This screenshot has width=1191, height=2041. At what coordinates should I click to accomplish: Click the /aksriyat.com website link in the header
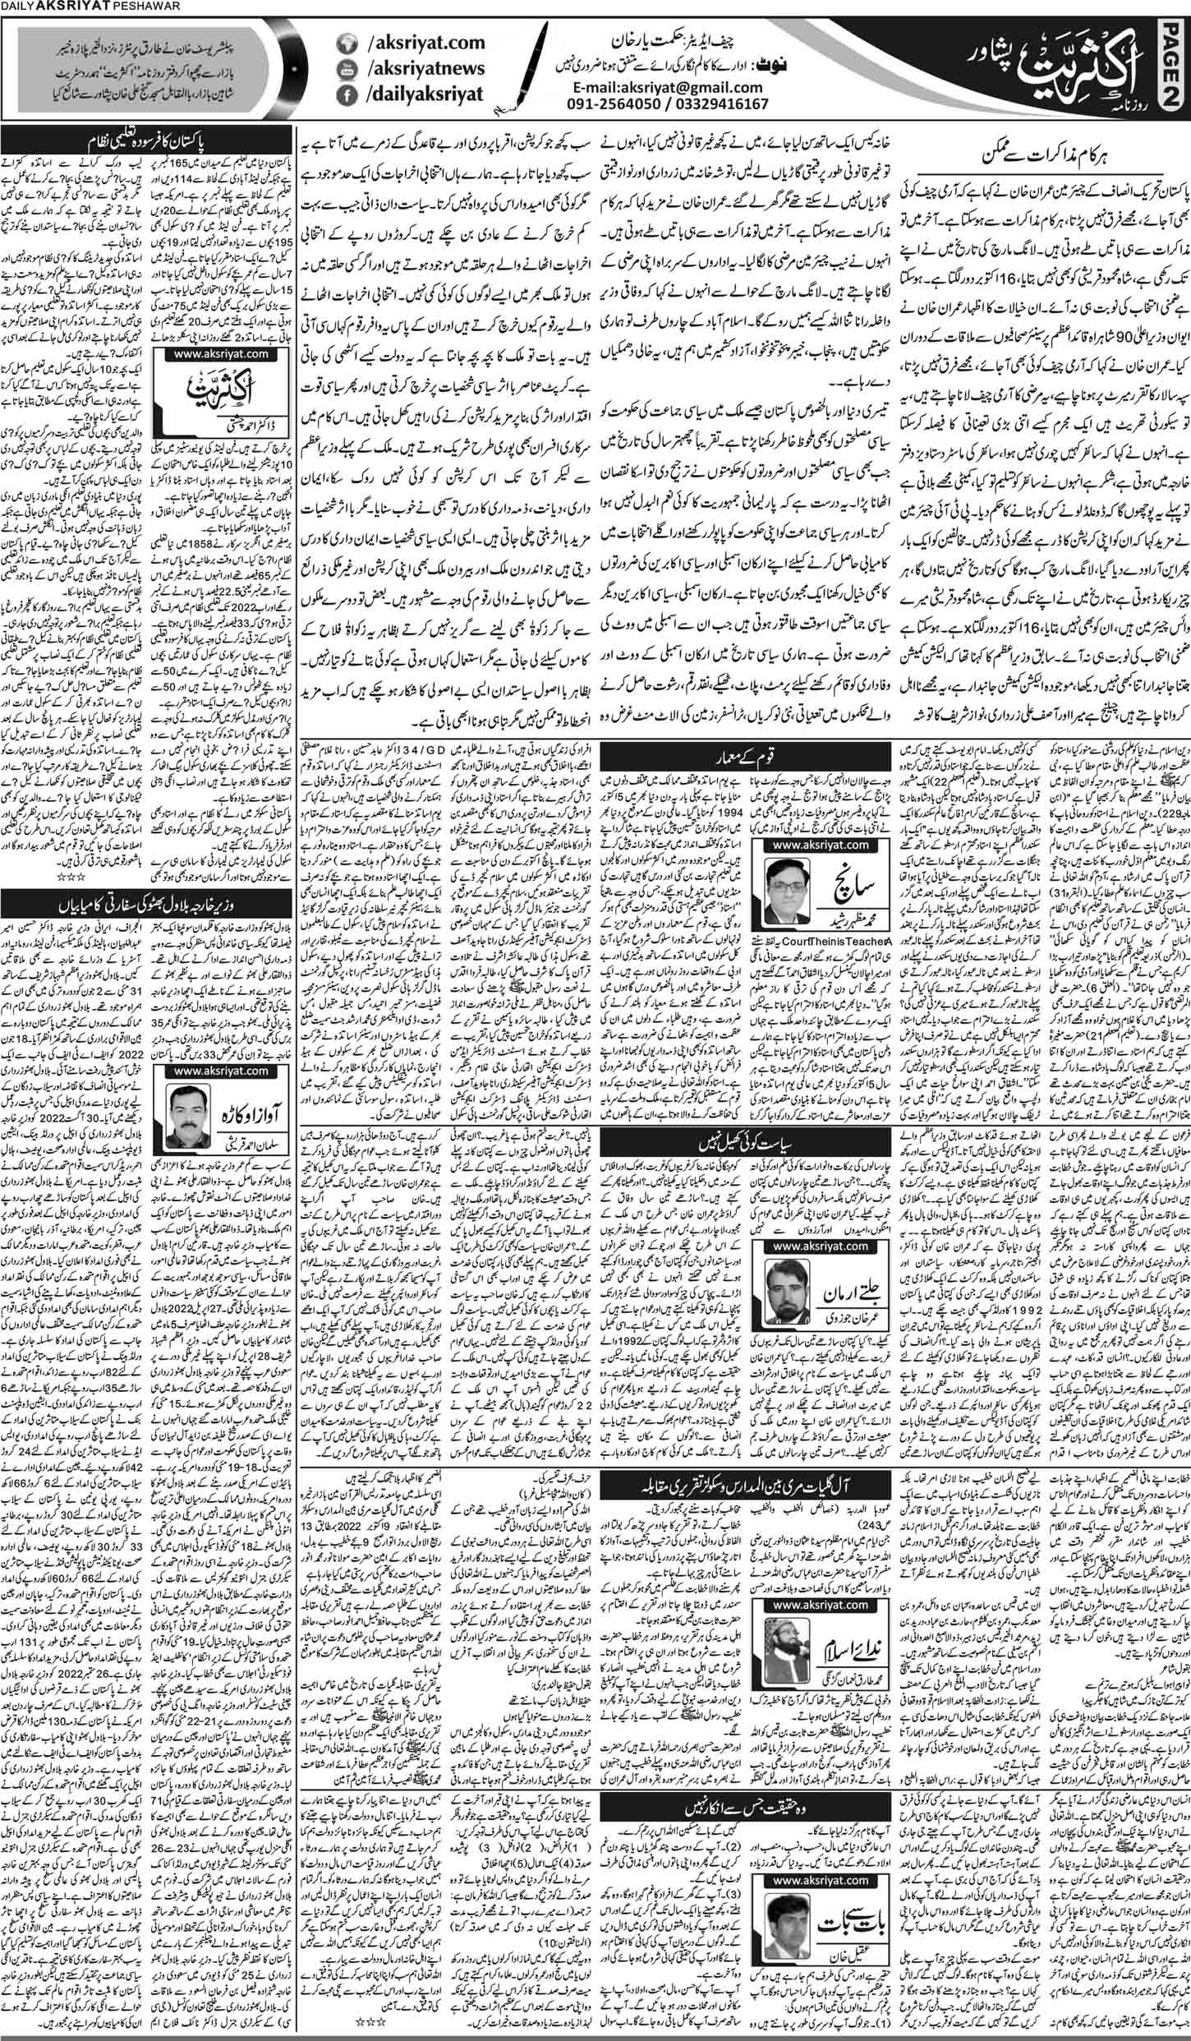point(407,42)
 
